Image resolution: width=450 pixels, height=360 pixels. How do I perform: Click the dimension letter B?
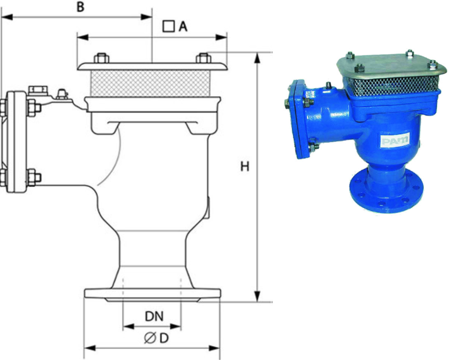(x=81, y=7)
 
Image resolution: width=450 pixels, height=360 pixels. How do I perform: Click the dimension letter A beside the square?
(x=183, y=27)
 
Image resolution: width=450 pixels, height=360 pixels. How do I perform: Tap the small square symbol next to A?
(x=168, y=26)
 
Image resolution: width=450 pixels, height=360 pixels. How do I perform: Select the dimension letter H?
(x=244, y=166)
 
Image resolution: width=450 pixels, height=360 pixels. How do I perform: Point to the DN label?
(x=154, y=317)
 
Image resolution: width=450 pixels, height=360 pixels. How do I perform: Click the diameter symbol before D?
(x=150, y=338)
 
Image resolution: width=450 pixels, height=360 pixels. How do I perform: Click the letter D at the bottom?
(x=164, y=338)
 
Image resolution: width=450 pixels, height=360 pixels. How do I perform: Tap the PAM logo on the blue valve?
(x=395, y=140)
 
